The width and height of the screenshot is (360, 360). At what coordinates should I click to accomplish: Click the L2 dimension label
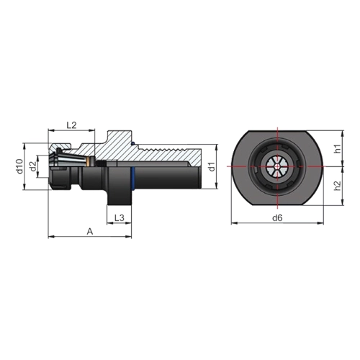[x=71, y=125]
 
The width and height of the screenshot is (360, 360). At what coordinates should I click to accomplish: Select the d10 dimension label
[x=20, y=166]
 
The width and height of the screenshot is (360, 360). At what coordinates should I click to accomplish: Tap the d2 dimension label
[x=33, y=166]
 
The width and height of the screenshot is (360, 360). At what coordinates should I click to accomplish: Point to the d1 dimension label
[x=212, y=167]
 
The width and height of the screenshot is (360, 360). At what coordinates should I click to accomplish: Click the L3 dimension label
[x=120, y=217]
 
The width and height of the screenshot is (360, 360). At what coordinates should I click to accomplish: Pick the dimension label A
[x=90, y=232]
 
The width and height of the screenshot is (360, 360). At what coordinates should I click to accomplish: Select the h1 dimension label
[x=338, y=148]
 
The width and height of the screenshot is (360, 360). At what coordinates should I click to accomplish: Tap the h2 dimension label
[x=338, y=186]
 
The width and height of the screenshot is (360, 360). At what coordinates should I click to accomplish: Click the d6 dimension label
[x=277, y=218]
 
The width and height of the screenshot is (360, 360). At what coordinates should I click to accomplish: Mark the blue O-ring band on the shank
[x=133, y=177]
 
